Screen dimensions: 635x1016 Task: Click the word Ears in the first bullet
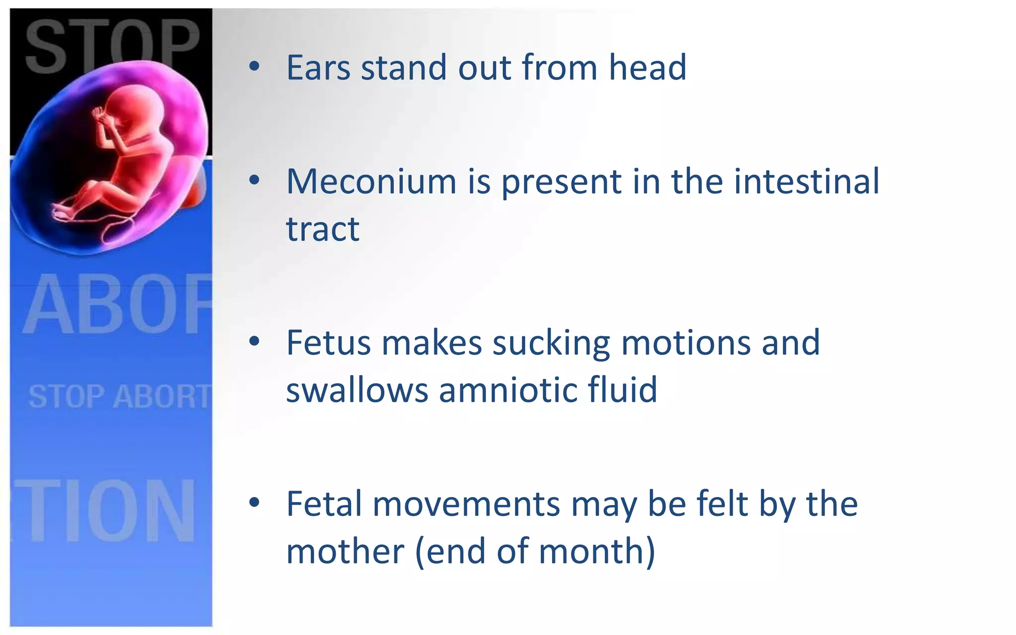tap(318, 67)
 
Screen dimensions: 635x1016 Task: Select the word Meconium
tap(371, 182)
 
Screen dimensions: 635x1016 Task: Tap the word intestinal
tap(807, 182)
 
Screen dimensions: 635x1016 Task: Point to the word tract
tap(322, 229)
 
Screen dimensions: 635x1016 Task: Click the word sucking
tap(551, 343)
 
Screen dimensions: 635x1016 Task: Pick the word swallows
tap(357, 390)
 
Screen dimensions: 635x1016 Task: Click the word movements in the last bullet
tap(466, 504)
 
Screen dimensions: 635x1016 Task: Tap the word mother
tap(345, 551)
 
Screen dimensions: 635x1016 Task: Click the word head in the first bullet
tap(647, 67)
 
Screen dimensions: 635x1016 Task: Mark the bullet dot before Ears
tap(254, 67)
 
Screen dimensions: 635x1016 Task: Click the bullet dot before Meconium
tap(254, 181)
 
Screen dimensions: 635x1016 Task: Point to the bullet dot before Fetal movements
tap(254, 503)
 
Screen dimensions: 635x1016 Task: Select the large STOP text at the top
tap(112, 45)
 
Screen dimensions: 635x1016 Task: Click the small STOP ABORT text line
tap(119, 397)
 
